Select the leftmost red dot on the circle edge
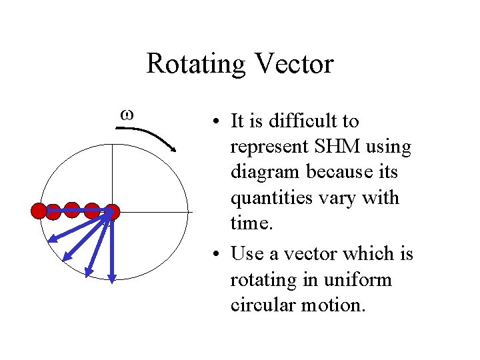[39, 211]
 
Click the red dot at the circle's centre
[112, 212]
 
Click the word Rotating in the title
[194, 64]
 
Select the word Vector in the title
[293, 64]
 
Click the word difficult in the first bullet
[304, 121]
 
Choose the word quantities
[273, 198]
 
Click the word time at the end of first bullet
[251, 223]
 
